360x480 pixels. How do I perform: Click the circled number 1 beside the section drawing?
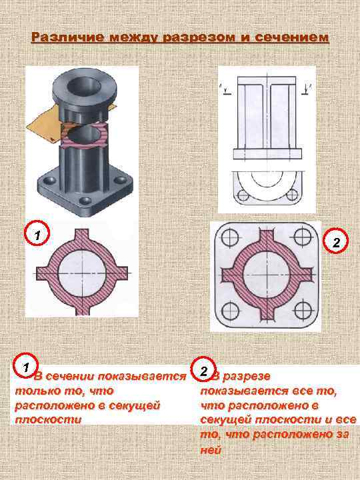pos(37,233)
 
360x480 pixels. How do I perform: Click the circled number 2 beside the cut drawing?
pos(336,241)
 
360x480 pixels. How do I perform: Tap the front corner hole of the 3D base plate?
pos(85,201)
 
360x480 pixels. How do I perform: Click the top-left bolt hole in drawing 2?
pos(229,237)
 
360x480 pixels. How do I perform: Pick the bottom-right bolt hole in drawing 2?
pos(303,310)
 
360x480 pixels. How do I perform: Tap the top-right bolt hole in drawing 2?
pos(303,236)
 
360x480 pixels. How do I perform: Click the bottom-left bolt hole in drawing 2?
pos(229,311)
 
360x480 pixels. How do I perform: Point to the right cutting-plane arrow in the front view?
pos(306,89)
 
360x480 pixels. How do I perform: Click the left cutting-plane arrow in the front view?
pos(226,90)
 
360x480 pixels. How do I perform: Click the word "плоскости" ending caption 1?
pos(48,419)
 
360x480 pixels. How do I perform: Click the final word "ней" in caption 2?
pos(211,450)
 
